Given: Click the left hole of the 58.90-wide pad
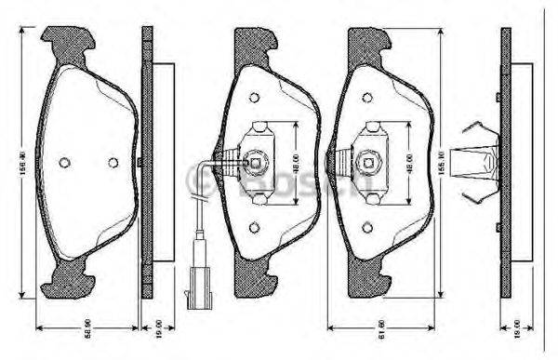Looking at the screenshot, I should [x=64, y=162].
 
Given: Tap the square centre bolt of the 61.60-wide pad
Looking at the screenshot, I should [x=369, y=164].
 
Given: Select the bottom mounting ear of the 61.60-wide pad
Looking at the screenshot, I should [x=375, y=277].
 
